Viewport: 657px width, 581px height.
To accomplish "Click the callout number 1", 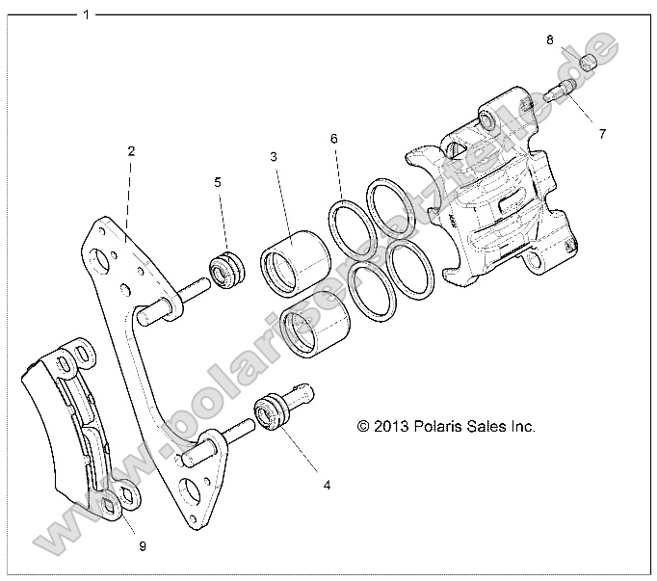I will pos(88,14).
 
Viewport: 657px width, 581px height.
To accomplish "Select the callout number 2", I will pos(131,150).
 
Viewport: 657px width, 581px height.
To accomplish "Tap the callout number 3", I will pos(274,157).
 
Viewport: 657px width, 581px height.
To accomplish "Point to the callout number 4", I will pos(327,486).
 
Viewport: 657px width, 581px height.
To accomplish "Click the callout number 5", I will pos(218,180).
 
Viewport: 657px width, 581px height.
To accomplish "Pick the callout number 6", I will pos(334,139).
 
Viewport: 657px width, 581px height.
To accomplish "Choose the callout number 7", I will pos(603,134).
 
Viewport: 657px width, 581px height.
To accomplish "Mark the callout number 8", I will pos(549,40).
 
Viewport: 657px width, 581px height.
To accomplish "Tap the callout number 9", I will pos(142,546).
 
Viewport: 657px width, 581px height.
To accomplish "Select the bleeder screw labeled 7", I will pos(560,93).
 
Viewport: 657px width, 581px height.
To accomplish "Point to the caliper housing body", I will pos(491,202).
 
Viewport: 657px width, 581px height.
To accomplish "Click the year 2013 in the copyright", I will pos(392,425).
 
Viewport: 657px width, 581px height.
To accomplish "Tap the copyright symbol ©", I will pos(363,425).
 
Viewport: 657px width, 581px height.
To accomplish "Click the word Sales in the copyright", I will pos(495,425).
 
